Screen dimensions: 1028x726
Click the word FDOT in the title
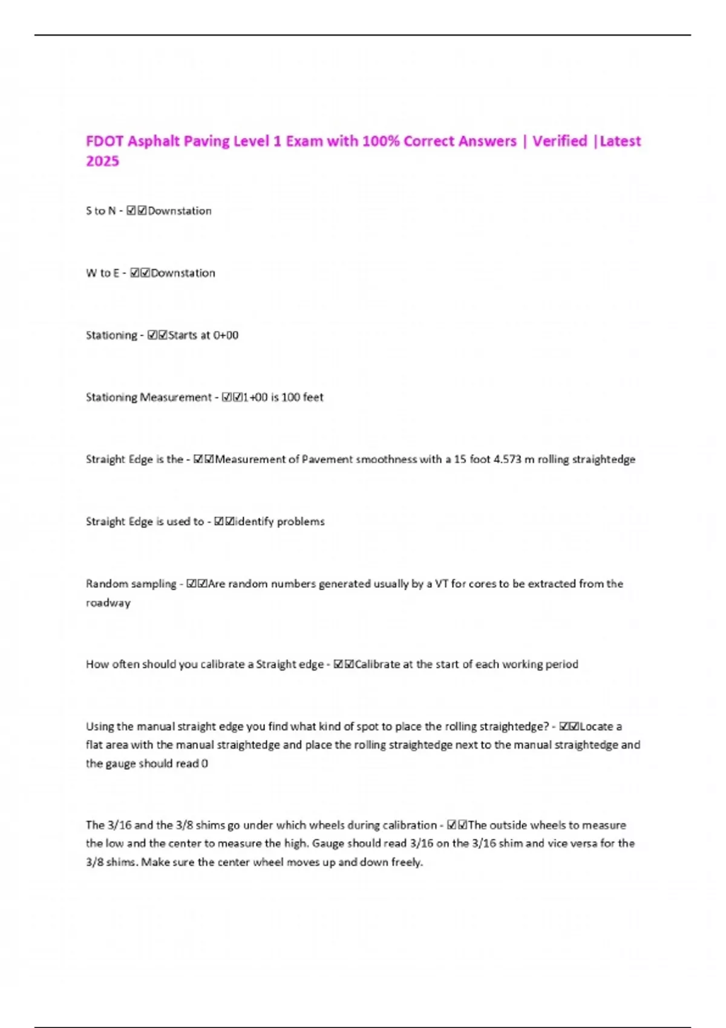point(105,142)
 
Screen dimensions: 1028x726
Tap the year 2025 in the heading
point(102,161)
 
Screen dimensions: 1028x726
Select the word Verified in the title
point(560,142)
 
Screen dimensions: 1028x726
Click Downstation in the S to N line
point(180,211)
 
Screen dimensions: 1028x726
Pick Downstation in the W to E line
point(183,273)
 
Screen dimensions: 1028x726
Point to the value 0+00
point(226,336)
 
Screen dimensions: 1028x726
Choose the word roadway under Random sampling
point(108,603)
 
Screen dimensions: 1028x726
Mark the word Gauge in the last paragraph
point(328,844)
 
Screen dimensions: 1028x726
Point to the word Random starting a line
point(106,584)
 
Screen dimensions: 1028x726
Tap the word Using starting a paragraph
point(99,726)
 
